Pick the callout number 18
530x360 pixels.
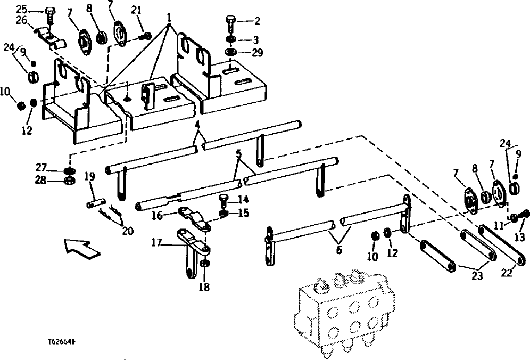point(204,287)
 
